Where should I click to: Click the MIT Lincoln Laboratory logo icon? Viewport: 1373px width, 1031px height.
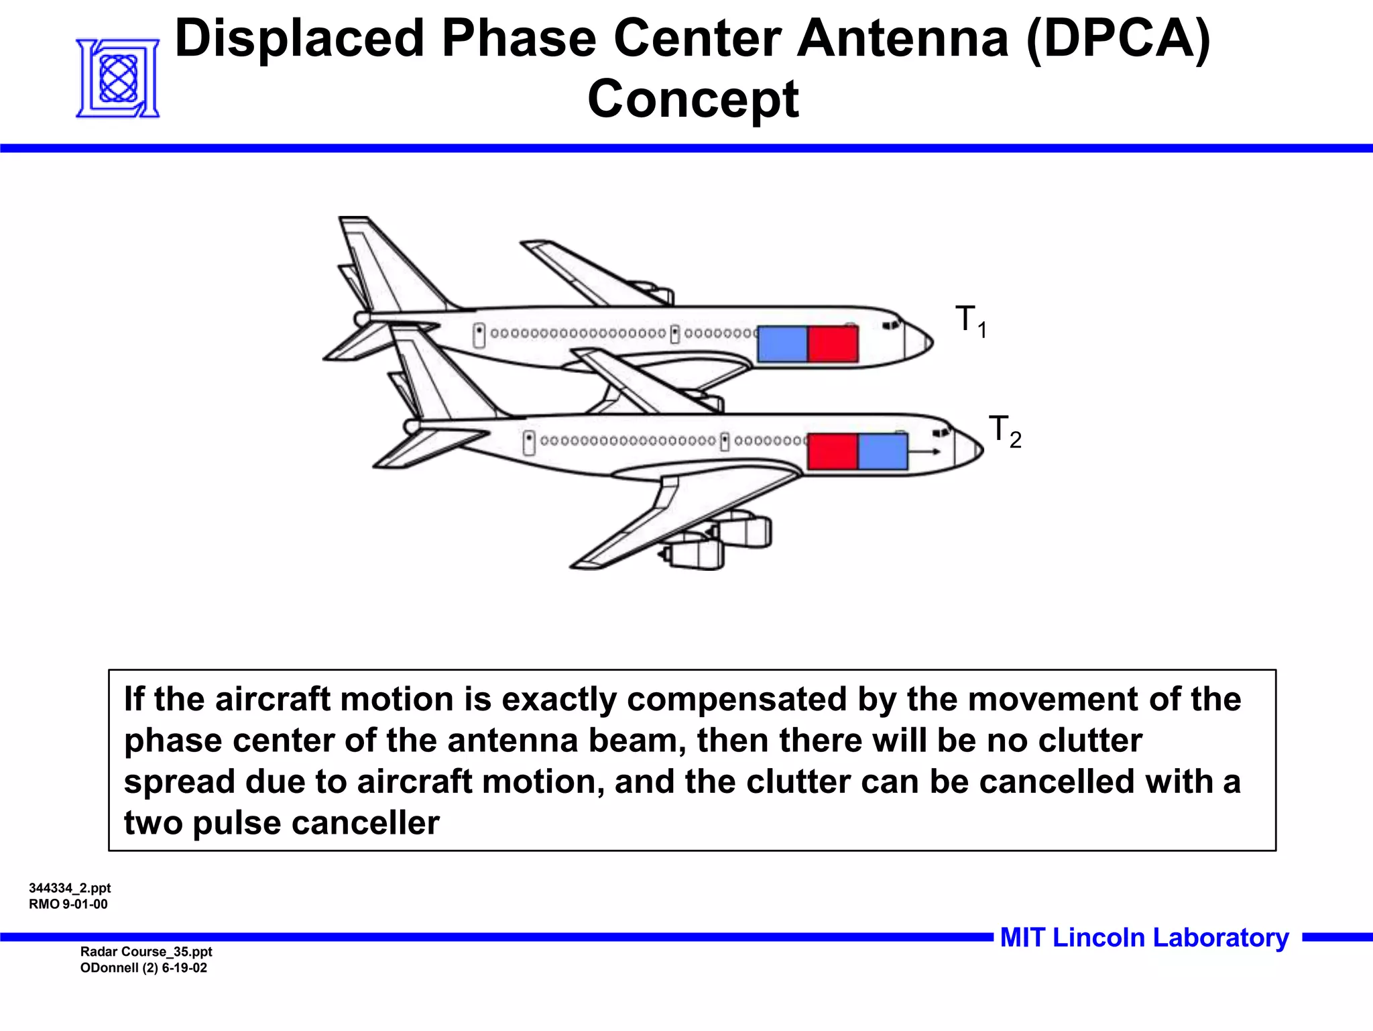pyautogui.click(x=118, y=78)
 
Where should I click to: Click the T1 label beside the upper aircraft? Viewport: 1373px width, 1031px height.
pyautogui.click(x=970, y=321)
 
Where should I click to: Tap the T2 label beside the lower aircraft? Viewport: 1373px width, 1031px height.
pyautogui.click(x=1004, y=431)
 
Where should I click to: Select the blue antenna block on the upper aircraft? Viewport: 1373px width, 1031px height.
pyautogui.click(x=782, y=344)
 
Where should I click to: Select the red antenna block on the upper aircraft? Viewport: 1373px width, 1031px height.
pyautogui.click(x=833, y=344)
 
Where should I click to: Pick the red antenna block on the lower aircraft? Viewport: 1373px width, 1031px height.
pyautogui.click(x=833, y=451)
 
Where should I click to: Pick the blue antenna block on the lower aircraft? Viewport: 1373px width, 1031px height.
pyautogui.click(x=882, y=451)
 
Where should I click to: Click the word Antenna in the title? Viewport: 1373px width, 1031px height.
pyautogui.click(x=902, y=38)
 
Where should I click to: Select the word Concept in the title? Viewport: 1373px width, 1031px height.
pyautogui.click(x=693, y=99)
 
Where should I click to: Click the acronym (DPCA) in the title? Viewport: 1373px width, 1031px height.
pyautogui.click(x=1118, y=38)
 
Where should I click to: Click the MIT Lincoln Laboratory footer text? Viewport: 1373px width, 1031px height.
pyautogui.click(x=1144, y=937)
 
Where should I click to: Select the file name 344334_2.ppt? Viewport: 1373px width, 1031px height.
pyautogui.click(x=70, y=888)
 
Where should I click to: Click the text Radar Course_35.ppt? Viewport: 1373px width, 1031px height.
pyautogui.click(x=146, y=951)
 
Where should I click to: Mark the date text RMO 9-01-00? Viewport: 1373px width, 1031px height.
pyautogui.click(x=68, y=904)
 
